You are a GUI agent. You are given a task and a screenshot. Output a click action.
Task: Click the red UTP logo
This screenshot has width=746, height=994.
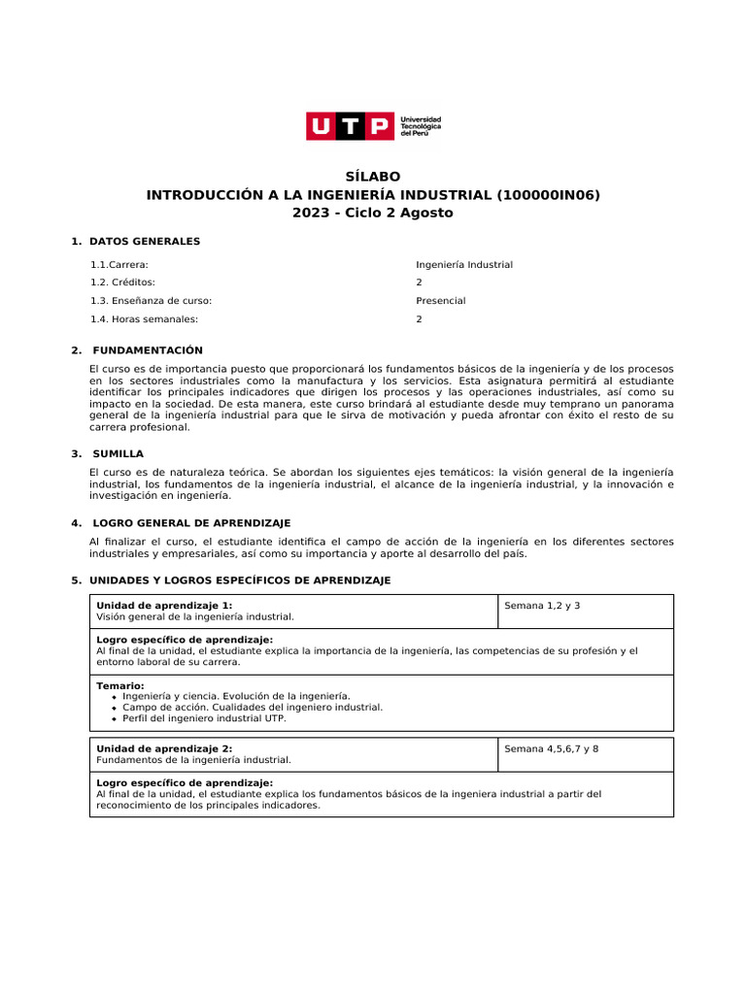coord(351,126)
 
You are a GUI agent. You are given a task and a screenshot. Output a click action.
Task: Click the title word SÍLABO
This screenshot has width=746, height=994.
coord(373,177)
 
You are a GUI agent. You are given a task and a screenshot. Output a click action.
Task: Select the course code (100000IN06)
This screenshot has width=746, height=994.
coord(548,195)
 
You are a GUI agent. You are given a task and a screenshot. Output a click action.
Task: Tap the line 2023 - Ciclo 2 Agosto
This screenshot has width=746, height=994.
coord(373,213)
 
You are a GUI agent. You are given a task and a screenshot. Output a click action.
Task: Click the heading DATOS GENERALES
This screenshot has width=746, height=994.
coord(144,241)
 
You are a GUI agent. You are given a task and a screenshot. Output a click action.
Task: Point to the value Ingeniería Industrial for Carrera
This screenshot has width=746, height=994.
coord(464,265)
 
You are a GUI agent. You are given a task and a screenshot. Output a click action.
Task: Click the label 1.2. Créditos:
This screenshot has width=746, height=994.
coord(122,282)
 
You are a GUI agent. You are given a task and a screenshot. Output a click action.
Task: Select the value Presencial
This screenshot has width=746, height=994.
coord(441,301)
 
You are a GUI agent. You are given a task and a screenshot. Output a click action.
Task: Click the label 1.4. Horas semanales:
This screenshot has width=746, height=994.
coord(144,319)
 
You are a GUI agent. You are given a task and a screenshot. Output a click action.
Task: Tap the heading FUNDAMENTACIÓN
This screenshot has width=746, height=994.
coord(148,350)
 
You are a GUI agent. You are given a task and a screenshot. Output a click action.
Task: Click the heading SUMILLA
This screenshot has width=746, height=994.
coord(118,453)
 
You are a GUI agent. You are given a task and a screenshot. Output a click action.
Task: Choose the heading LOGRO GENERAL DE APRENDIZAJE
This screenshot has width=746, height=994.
coord(191,523)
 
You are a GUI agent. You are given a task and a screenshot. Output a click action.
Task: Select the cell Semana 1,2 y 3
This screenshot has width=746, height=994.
coord(542,606)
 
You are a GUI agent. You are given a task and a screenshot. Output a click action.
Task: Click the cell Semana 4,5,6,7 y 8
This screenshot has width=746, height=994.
coord(552,748)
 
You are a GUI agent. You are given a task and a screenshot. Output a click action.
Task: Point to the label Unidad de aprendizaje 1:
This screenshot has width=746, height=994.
coord(164,605)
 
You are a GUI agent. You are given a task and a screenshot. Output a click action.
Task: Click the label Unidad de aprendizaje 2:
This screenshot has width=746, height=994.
coord(164,748)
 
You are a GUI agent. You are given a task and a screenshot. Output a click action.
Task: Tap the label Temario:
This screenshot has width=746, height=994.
coord(120,685)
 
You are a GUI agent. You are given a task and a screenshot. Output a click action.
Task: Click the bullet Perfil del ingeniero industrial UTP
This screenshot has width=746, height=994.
coord(204,719)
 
